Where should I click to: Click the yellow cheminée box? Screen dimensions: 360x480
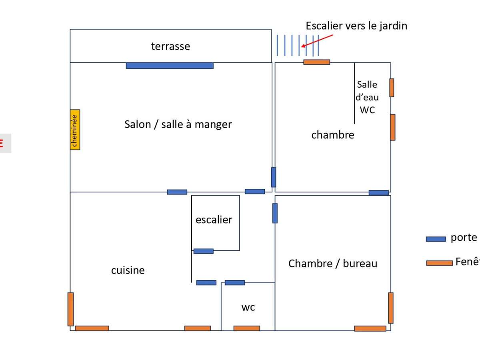coord(75,130)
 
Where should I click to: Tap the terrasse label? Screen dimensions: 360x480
coord(170,46)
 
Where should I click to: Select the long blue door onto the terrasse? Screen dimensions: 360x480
coord(170,66)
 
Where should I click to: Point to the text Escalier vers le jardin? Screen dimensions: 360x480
coord(356,26)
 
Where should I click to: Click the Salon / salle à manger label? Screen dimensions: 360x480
coord(178,124)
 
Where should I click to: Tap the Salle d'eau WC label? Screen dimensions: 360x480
coord(367,97)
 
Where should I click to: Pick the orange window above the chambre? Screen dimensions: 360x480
coord(316,62)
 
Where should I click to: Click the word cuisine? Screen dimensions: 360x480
coord(128,270)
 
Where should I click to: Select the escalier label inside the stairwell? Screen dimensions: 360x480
coord(214,220)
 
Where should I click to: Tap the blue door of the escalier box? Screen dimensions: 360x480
coord(203,251)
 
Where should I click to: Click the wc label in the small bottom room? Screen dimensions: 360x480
coord(248,307)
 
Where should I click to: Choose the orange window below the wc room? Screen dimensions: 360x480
coord(246,328)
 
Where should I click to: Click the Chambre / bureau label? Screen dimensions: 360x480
coord(332,264)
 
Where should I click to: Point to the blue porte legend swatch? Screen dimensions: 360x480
coord(436,239)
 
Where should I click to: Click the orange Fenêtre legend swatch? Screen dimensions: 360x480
coord(439,263)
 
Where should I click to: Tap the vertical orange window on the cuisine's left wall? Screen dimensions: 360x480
coord(70,309)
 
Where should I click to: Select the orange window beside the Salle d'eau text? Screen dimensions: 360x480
coord(392,88)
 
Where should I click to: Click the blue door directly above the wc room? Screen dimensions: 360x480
coord(234,282)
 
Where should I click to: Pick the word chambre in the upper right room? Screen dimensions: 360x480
coord(332,135)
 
